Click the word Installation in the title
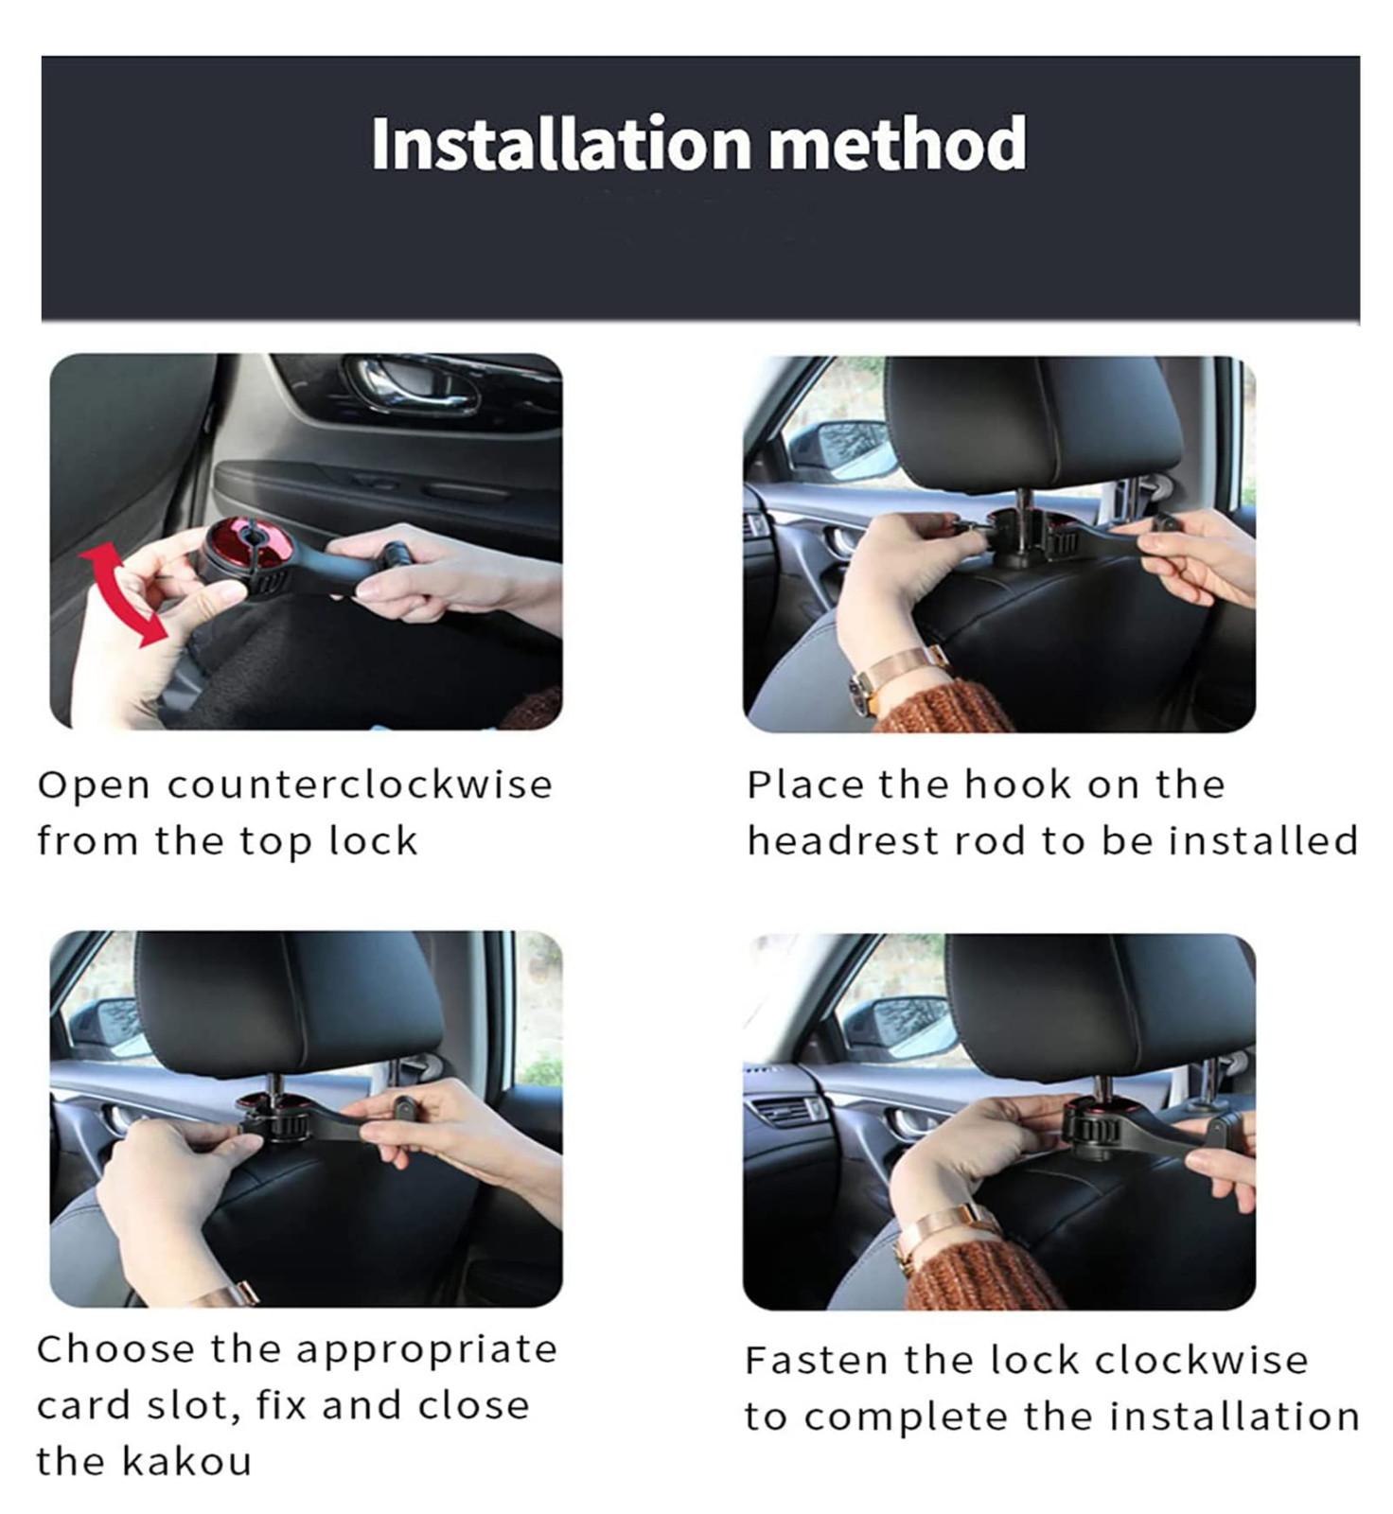click(561, 144)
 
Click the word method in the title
click(897, 144)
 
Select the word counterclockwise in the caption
click(361, 785)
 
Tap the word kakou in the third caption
click(187, 1462)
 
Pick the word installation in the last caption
click(1234, 1417)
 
